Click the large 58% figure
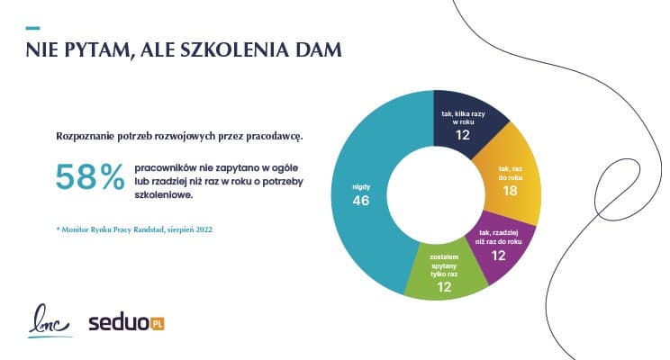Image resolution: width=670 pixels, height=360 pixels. click(x=89, y=177)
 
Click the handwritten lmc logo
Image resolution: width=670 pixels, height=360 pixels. click(x=47, y=321)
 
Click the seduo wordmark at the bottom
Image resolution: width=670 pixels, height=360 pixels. click(x=117, y=322)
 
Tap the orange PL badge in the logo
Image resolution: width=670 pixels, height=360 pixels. click(x=157, y=322)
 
